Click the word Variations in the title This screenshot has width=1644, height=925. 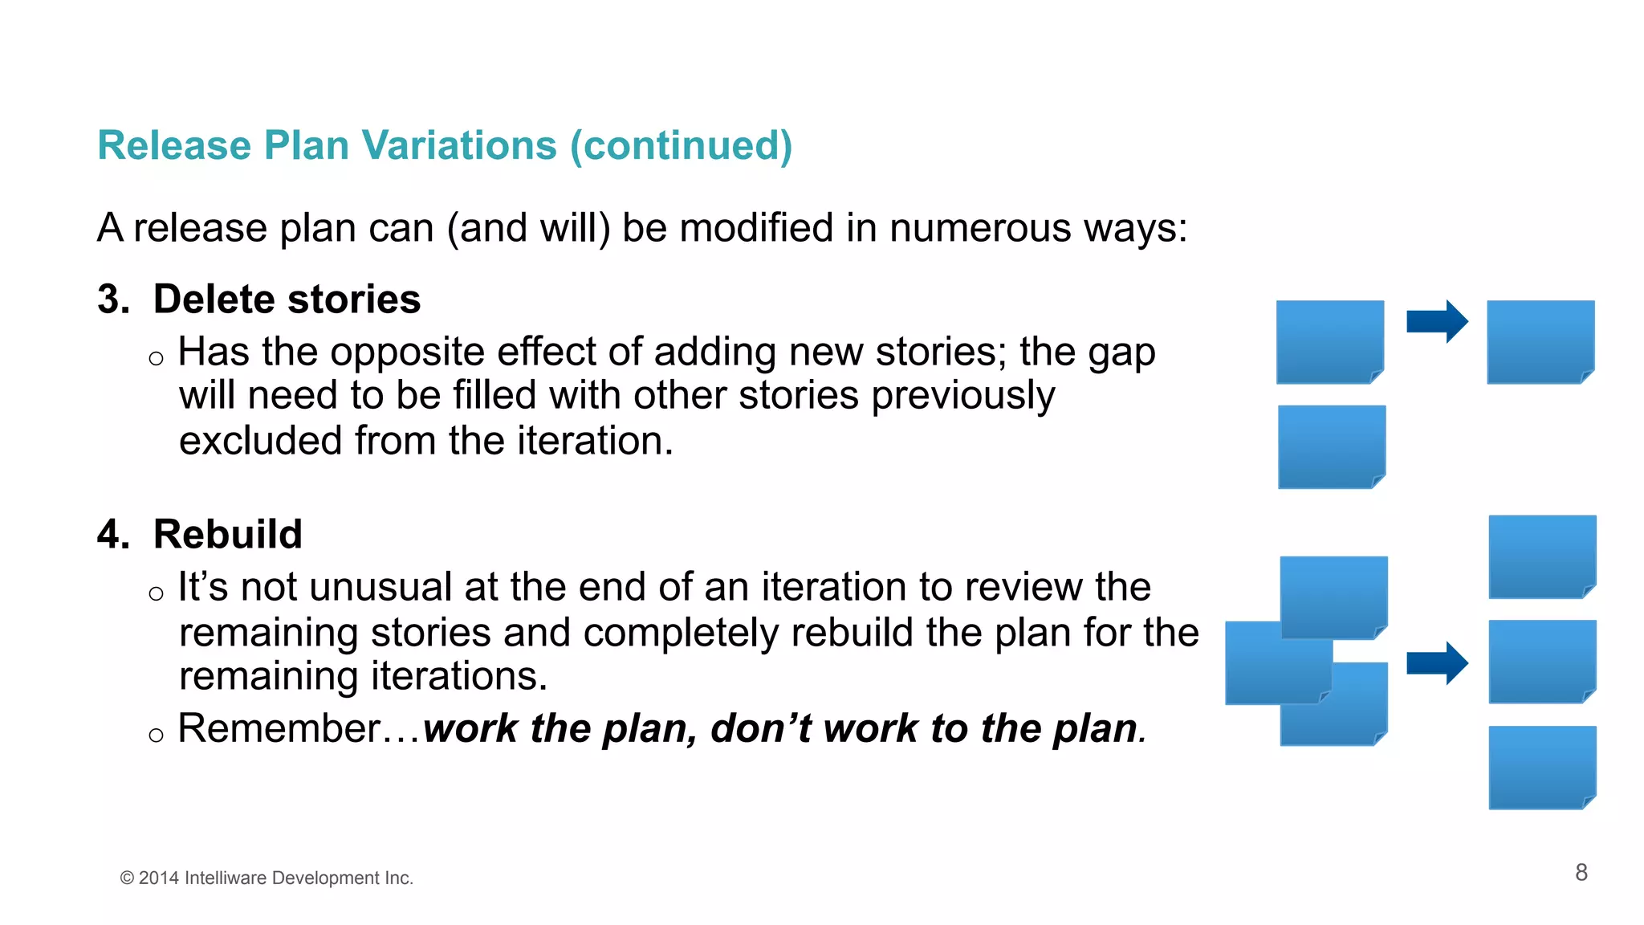(x=459, y=145)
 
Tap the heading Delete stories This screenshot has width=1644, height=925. (x=287, y=300)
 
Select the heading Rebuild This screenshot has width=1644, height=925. (x=227, y=535)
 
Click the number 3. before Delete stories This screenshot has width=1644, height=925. (x=113, y=300)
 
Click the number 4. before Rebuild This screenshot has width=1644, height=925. (x=113, y=535)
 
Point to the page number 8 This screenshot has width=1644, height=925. (x=1581, y=873)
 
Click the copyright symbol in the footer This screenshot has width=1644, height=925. (x=127, y=878)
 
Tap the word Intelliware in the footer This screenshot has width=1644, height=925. (x=226, y=878)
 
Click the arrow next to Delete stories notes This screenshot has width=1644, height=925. (x=1437, y=322)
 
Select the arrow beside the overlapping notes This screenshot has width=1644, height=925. (x=1437, y=663)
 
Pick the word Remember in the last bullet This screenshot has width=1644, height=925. (x=279, y=729)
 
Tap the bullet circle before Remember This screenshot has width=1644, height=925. (x=156, y=735)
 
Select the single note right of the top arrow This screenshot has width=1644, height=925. (x=1540, y=342)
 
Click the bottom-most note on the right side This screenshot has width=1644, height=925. (x=1541, y=768)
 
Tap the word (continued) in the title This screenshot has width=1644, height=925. (x=682, y=145)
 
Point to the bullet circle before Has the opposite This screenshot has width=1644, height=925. (x=156, y=358)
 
